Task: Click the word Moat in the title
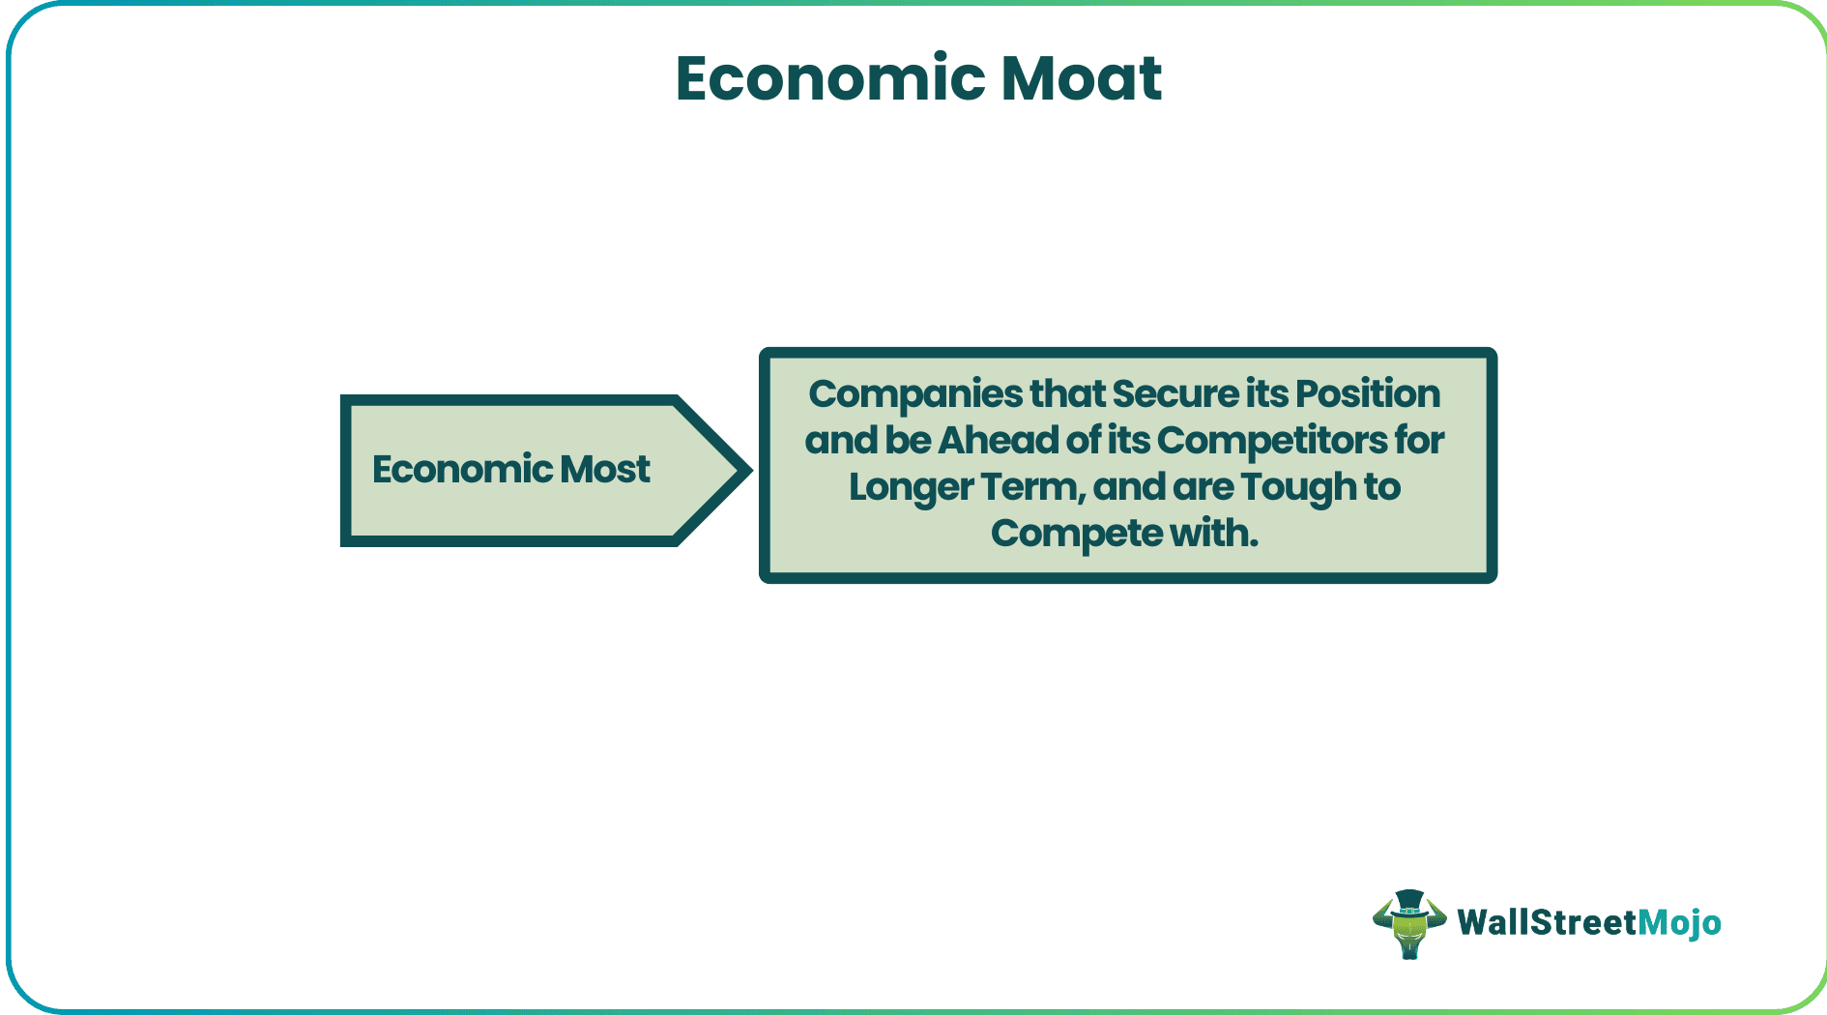pyautogui.click(x=1081, y=78)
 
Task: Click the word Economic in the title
pyautogui.click(x=829, y=78)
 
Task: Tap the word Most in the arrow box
pyautogui.click(x=605, y=470)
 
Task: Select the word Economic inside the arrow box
pyautogui.click(x=461, y=470)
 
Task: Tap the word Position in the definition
pyautogui.click(x=1367, y=394)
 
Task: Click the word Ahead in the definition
pyautogui.click(x=999, y=441)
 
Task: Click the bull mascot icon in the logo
pyautogui.click(x=1408, y=925)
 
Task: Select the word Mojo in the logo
pyautogui.click(x=1679, y=923)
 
